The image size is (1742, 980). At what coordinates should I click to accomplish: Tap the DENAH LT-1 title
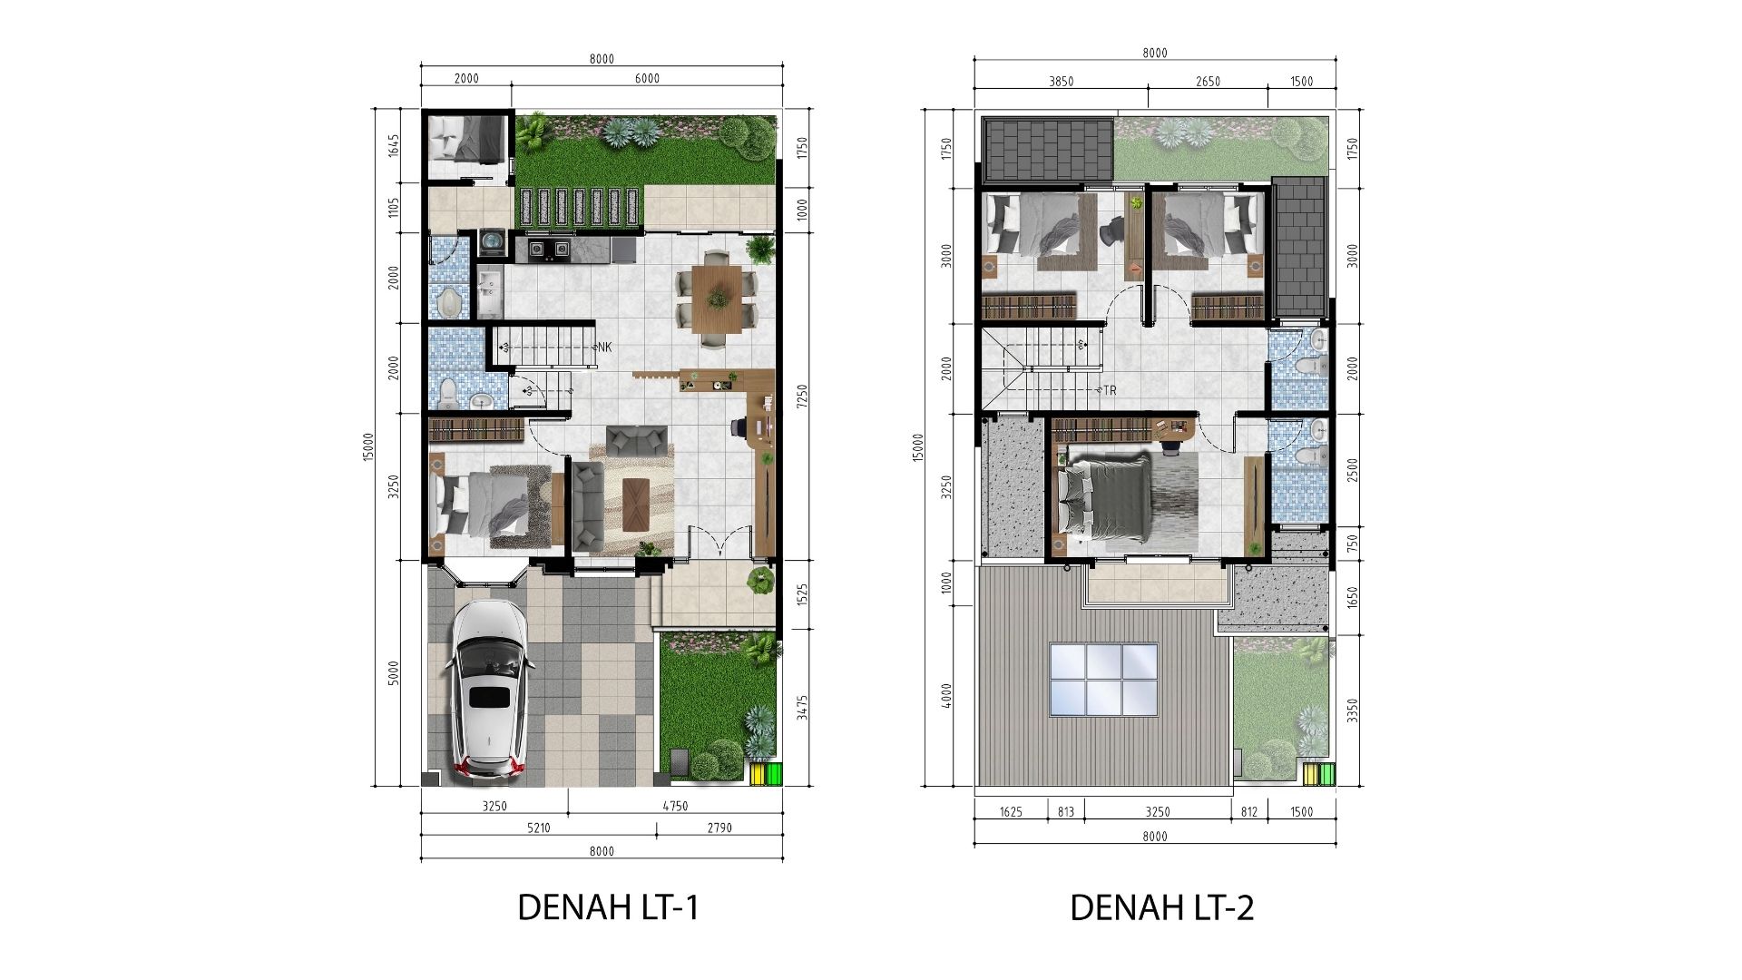[x=608, y=907]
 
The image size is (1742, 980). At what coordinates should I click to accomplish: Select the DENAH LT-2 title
[x=1161, y=907]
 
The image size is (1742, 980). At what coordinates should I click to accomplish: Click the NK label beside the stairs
[x=604, y=347]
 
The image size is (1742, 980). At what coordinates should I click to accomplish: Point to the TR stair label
[x=1110, y=390]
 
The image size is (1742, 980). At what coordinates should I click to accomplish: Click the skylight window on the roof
[x=1103, y=680]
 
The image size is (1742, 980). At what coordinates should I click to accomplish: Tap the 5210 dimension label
[x=539, y=828]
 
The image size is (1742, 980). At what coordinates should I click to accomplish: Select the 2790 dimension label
[x=719, y=828]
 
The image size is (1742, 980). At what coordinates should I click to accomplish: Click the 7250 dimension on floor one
[x=802, y=397]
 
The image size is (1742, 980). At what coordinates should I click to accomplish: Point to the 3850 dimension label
[x=1062, y=82]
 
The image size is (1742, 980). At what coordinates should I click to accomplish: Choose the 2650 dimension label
[x=1208, y=82]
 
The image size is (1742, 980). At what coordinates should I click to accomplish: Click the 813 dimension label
[x=1066, y=812]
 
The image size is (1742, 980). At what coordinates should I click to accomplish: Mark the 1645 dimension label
[x=394, y=145]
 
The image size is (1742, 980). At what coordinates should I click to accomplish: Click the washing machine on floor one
[x=492, y=241]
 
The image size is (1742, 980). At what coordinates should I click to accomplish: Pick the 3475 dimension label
[x=802, y=708]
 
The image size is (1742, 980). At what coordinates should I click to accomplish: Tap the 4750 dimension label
[x=676, y=806]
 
